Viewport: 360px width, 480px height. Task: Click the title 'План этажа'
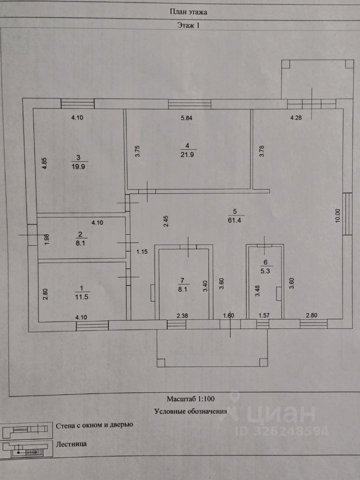point(188,12)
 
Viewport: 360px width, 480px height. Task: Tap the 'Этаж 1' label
point(188,25)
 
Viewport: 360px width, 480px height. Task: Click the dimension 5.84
point(186,118)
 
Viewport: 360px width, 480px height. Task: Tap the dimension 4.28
point(296,118)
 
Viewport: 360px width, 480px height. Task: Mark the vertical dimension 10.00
point(337,216)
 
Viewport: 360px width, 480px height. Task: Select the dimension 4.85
point(44,163)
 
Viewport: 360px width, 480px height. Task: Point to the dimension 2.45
point(165,221)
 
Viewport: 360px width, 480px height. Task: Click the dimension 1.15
point(142,252)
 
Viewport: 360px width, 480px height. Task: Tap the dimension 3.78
point(261,151)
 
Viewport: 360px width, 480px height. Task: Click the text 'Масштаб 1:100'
point(190,399)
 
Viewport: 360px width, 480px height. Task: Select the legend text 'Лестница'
point(71,444)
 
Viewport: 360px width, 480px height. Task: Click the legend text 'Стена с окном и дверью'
point(94,425)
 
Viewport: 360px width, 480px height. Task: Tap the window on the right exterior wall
point(347,213)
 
